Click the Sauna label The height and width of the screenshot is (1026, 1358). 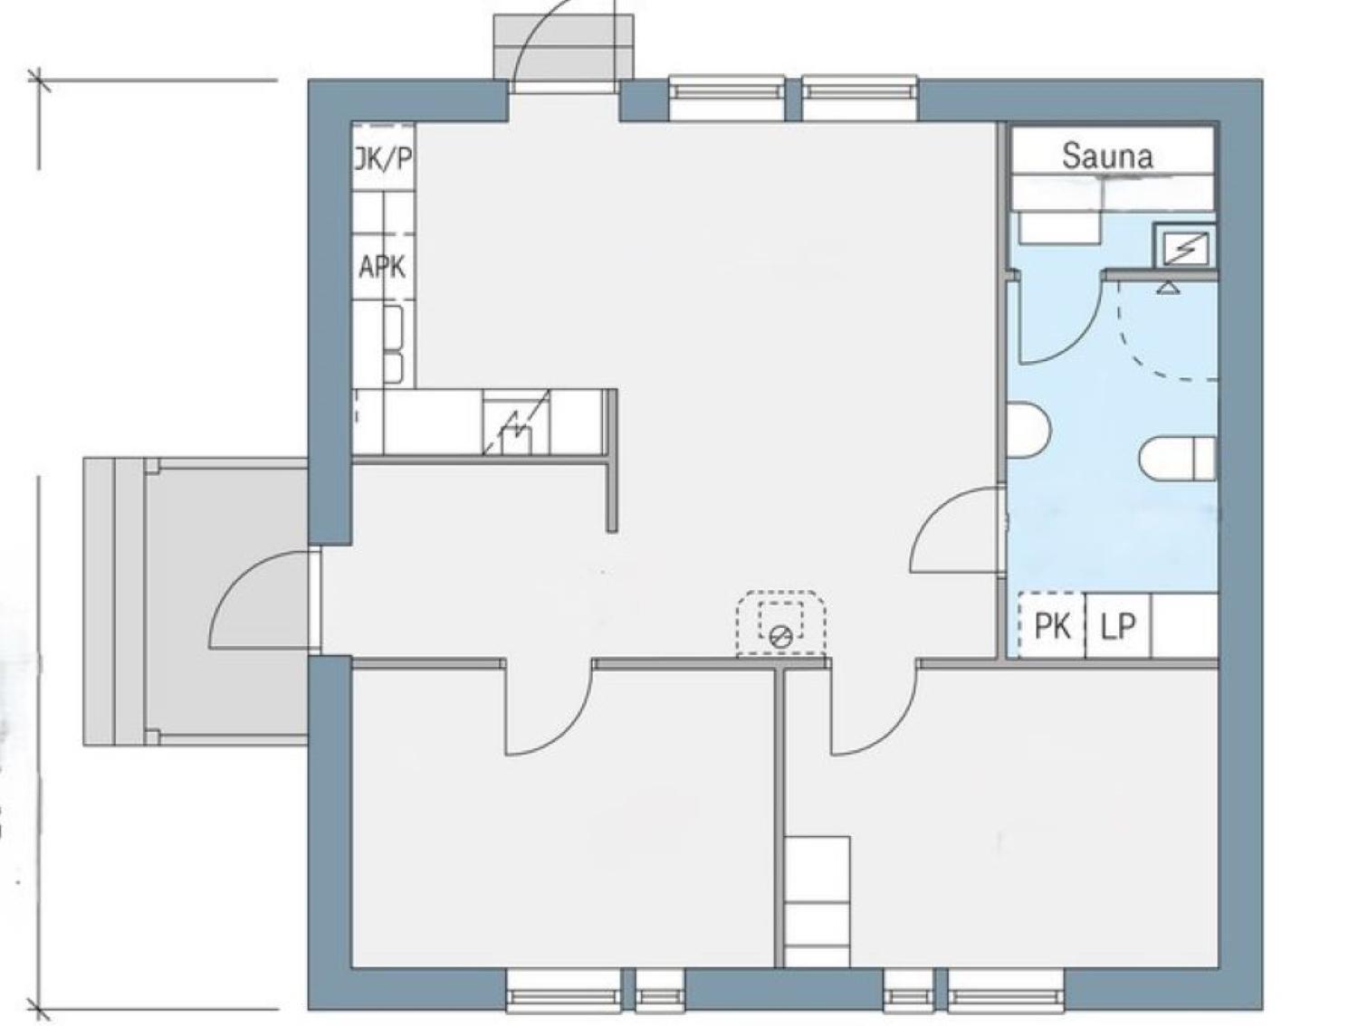click(x=1107, y=157)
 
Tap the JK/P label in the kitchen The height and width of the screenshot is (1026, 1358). click(x=383, y=159)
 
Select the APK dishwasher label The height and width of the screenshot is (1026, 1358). click(x=382, y=267)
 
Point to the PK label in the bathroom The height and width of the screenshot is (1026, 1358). click(x=1053, y=626)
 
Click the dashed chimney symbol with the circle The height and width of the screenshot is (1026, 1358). click(x=780, y=623)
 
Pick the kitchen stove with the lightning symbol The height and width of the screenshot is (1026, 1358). click(x=515, y=423)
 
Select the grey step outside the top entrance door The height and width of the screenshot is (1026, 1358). click(x=564, y=47)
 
